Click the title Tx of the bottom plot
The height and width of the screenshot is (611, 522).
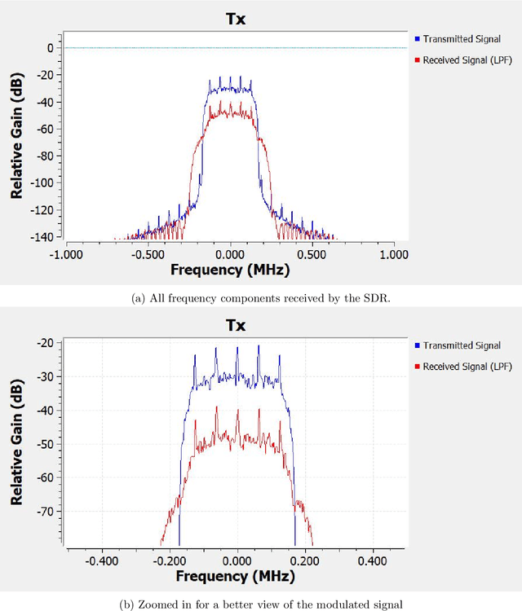pos(237,324)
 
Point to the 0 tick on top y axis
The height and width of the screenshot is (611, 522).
pos(49,48)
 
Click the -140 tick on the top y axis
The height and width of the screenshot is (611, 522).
pos(42,236)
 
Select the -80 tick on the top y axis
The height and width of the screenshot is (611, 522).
pos(45,156)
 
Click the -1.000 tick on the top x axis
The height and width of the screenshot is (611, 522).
pos(66,253)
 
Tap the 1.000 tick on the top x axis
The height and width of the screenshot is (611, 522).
pos(394,253)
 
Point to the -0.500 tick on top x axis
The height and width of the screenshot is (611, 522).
pos(148,253)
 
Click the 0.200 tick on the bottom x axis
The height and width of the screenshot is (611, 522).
pos(305,561)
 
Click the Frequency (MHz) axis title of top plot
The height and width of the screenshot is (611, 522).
pos(230,270)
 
